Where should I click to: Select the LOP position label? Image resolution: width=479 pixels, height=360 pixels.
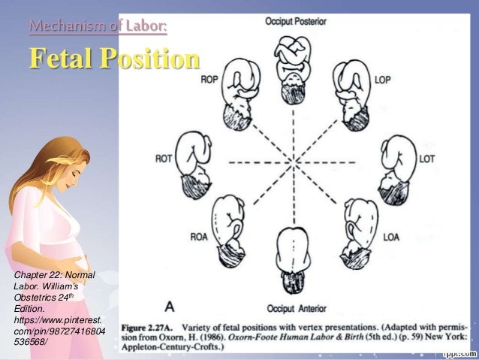point(383,79)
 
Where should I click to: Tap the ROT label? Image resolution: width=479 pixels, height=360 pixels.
point(164,159)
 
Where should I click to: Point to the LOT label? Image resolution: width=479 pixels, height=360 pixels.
point(426,159)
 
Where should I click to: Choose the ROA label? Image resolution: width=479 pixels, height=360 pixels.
point(199,238)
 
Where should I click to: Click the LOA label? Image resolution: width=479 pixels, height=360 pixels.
point(391,238)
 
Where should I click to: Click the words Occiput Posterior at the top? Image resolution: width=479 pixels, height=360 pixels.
point(295,22)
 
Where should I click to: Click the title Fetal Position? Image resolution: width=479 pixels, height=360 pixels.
point(115,58)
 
